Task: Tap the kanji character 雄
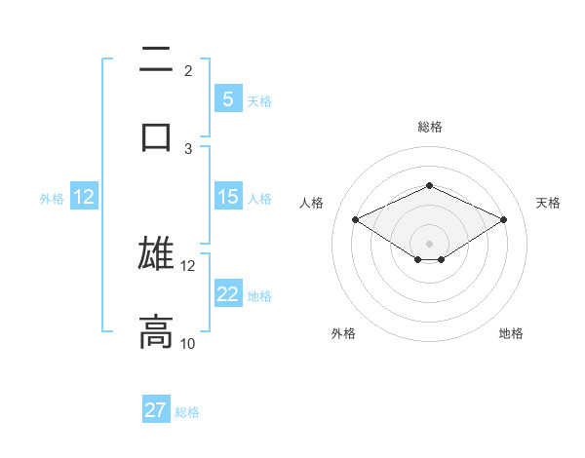tap(156, 253)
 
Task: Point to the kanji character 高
tap(156, 331)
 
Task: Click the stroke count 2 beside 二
tap(187, 70)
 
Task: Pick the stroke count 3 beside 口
tap(187, 148)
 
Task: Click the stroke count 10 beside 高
tap(187, 343)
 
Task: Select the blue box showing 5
tap(227, 99)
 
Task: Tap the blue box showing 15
tap(227, 197)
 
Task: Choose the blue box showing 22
tap(227, 294)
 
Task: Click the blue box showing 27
tap(156, 410)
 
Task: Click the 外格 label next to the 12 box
tap(52, 198)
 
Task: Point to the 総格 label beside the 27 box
tap(187, 412)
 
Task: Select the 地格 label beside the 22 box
tap(259, 295)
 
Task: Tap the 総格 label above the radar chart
tap(429, 127)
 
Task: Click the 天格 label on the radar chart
tap(548, 203)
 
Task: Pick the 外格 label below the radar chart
tap(343, 333)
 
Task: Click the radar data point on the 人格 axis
tap(356, 220)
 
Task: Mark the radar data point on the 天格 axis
tap(503, 220)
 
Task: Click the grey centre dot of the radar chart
tap(429, 243)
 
